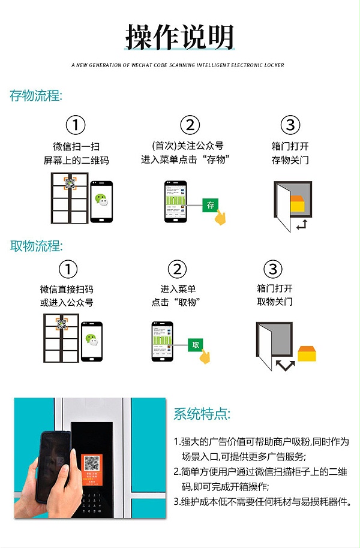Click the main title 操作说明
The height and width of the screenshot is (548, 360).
179,37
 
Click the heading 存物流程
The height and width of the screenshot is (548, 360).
36,96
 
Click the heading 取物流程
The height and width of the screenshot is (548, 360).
36,246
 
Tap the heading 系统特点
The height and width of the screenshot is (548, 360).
202,414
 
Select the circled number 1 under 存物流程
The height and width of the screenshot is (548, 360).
75,125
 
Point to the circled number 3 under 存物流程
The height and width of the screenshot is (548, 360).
290,125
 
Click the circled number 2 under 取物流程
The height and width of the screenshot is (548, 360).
177,269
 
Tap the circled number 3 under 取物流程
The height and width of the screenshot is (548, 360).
274,269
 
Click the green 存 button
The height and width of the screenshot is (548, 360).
211,205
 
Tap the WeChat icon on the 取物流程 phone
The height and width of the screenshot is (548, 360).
92,340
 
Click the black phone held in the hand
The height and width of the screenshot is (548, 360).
54,465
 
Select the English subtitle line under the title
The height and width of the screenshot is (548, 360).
178,65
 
